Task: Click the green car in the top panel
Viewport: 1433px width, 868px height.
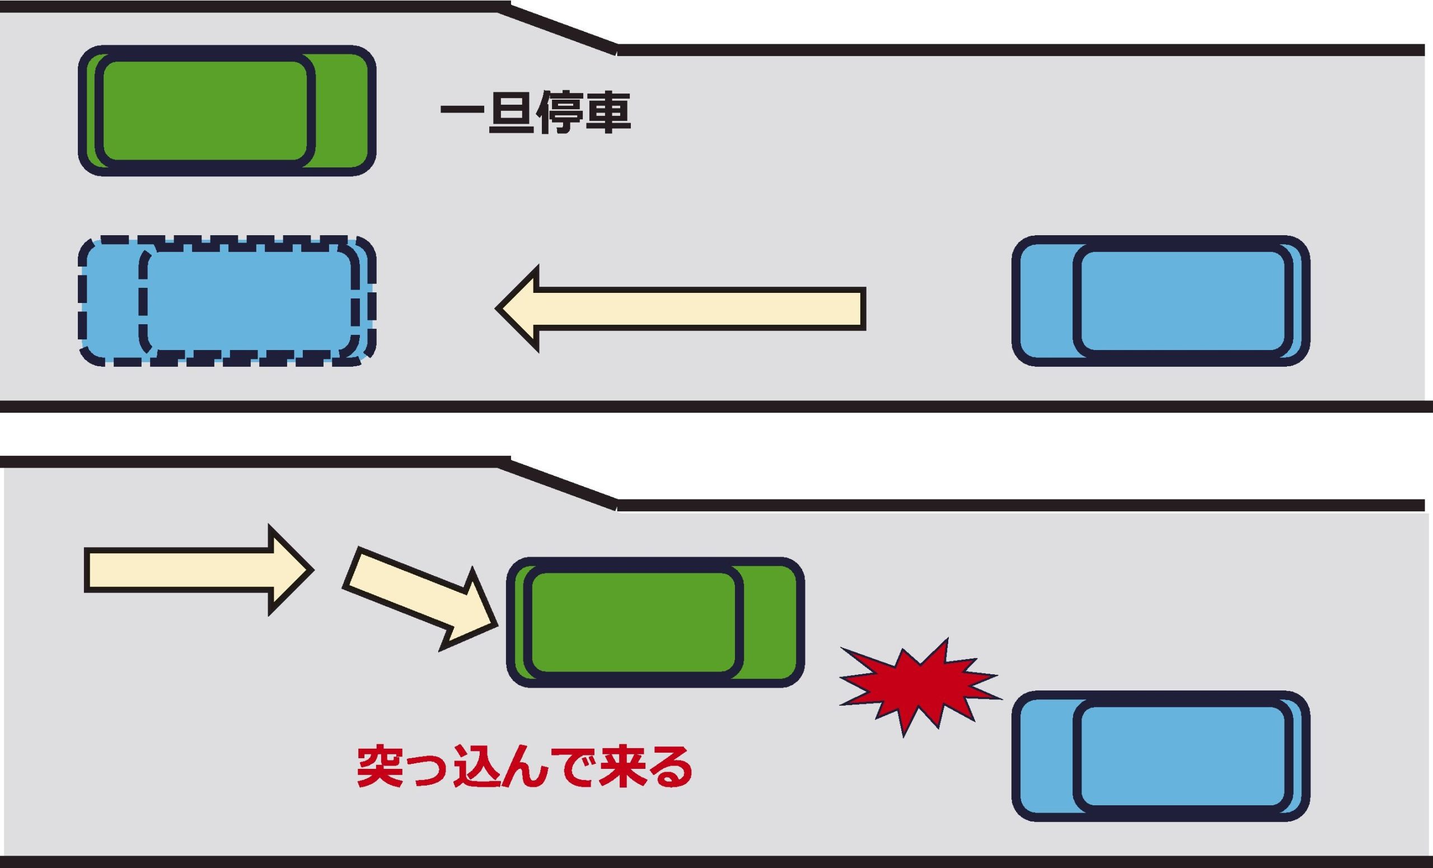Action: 227,110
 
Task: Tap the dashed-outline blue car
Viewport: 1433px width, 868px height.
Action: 227,301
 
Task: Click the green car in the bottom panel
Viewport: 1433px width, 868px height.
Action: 655,623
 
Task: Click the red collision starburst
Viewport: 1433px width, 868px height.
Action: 919,688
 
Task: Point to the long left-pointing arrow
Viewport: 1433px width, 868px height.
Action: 681,309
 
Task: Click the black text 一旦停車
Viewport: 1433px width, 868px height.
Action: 536,111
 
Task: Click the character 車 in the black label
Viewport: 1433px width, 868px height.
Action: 608,111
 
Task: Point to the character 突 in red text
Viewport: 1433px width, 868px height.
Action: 380,767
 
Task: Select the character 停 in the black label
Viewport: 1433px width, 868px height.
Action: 559,111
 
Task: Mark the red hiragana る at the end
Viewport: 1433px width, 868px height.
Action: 669,768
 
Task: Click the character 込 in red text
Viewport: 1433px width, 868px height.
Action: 476,767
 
